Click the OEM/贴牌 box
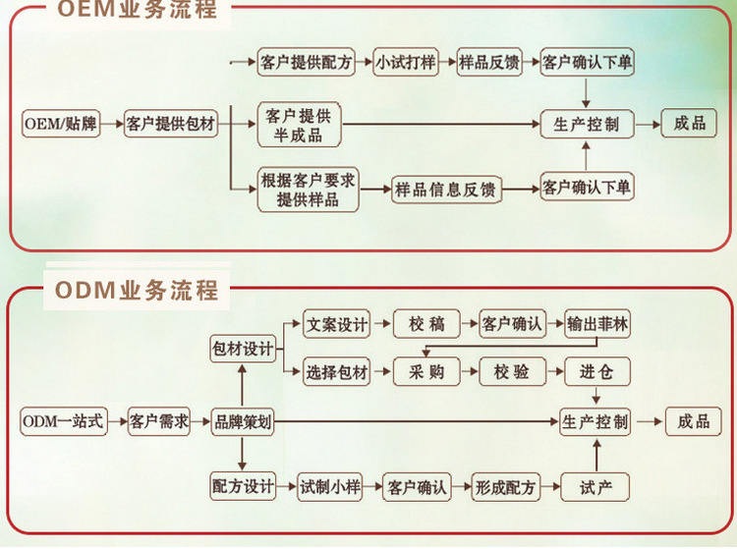pos(61,124)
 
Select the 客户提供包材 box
pos(171,124)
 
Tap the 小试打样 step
pos(406,62)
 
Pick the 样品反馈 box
pos(489,62)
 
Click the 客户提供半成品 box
pos(299,125)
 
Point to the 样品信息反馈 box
pos(446,190)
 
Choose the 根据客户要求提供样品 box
pos(308,190)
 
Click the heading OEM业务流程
pos(138,10)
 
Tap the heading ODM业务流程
pos(137,290)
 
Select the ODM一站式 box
pos(64,421)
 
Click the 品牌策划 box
pos(242,421)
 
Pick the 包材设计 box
pos(242,349)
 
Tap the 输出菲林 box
pos(596,323)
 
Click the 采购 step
pos(426,371)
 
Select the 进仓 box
pos(596,371)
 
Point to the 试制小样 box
pos(330,486)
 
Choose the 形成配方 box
pos(505,487)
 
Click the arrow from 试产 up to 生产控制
pos(596,456)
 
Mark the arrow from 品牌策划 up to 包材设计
pos(242,386)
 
